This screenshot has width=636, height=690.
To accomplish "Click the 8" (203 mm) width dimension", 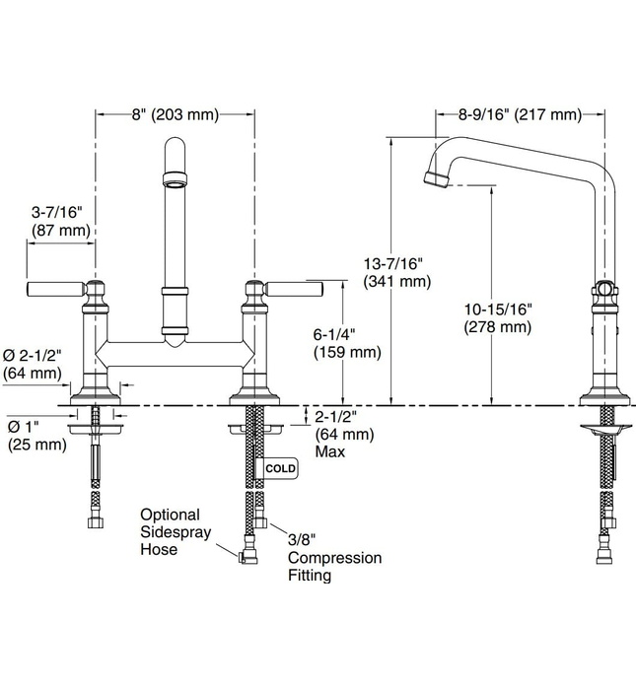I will point(175,115).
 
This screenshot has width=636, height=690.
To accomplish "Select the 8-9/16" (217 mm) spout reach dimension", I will point(519,115).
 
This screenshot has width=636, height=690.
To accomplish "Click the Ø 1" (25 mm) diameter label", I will point(36,436).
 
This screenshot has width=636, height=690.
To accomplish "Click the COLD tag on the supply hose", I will point(280,468).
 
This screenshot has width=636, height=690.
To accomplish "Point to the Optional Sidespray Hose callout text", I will point(170,531).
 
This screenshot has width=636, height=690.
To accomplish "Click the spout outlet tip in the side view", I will point(431,178).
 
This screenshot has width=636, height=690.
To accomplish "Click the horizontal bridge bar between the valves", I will point(175,350).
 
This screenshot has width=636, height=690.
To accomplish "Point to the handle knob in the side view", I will point(603,290).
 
